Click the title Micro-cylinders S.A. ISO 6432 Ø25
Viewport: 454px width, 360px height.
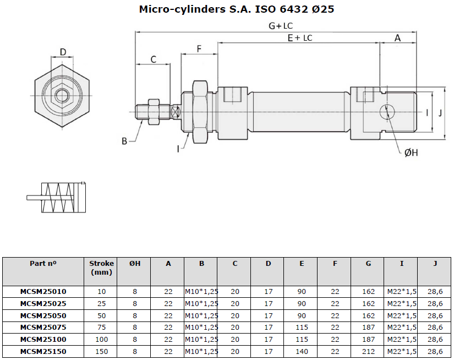click(x=237, y=9)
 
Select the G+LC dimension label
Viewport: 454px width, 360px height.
click(x=281, y=26)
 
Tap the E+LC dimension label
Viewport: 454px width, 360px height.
click(x=300, y=38)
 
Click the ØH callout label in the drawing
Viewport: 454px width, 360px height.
click(x=411, y=152)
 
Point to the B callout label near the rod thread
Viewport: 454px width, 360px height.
click(x=124, y=141)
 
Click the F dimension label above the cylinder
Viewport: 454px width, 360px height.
click(x=199, y=48)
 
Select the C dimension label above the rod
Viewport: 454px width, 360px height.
click(x=154, y=59)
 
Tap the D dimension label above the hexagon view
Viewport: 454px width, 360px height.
click(x=63, y=52)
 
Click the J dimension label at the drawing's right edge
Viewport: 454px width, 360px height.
click(x=440, y=113)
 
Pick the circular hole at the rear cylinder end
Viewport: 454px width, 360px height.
click(x=387, y=112)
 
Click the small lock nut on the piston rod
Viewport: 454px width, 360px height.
click(x=154, y=112)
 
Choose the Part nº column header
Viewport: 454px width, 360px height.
click(x=43, y=264)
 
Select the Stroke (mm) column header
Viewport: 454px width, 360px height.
click(x=101, y=268)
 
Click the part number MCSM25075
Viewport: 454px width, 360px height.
click(x=43, y=328)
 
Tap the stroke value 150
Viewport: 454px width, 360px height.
click(x=102, y=351)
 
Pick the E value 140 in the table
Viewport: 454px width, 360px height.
click(x=302, y=351)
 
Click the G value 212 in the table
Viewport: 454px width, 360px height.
click(x=368, y=351)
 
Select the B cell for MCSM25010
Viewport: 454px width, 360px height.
click(x=201, y=291)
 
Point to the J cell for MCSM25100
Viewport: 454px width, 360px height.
click(x=435, y=339)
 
